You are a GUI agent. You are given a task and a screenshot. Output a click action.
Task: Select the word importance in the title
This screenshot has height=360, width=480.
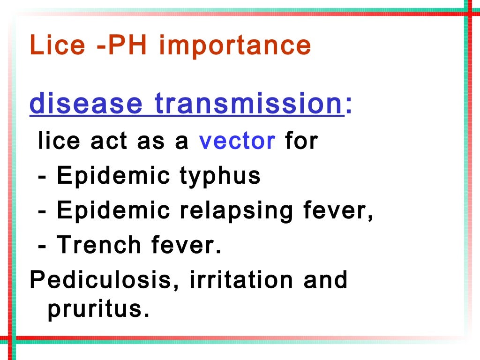pos(235,45)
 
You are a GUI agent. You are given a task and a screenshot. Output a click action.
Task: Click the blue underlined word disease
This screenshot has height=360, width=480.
pos(86,104)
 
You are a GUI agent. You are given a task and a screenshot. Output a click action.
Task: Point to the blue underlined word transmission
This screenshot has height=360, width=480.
pos(249,104)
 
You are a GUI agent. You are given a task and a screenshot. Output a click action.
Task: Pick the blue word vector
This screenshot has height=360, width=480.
pos(237,141)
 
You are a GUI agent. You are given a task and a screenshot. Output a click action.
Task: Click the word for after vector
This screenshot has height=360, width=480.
pos(301,141)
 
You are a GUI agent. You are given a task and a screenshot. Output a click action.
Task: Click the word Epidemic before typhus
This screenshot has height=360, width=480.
pos(113,176)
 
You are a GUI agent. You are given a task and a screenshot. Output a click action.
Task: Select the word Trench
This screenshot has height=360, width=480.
pos(98,245)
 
